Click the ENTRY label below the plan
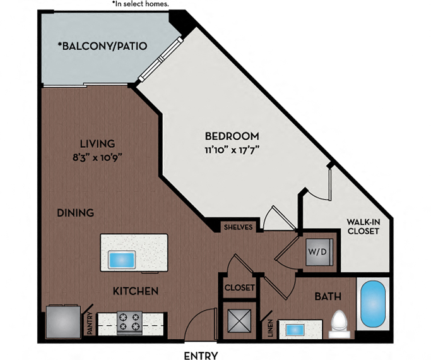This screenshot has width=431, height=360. pos(201,355)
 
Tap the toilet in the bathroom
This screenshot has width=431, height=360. pos(340,322)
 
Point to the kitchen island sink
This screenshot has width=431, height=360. pos(122,260)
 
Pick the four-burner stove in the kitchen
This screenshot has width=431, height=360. pos(130,322)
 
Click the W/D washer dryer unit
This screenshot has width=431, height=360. pos(317,251)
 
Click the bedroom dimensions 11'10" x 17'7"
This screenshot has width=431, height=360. pos(232,150)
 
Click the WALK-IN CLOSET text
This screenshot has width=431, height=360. pos(363,226)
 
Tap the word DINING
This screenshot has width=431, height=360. pos(75,213)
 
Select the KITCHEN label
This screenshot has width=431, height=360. pos(135,291)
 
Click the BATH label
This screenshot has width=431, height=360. pos(328,296)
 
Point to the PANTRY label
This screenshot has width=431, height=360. pos(91,323)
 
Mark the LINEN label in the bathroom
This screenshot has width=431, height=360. pos(269,328)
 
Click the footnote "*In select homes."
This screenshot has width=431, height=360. pos(141,4)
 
